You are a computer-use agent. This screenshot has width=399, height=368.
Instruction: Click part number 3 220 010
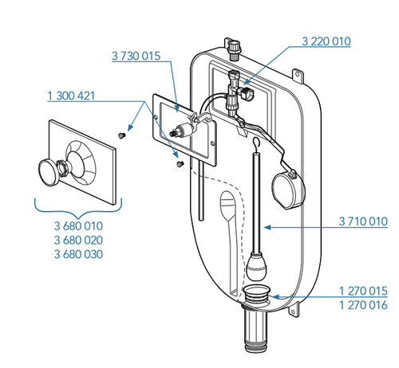(326, 41)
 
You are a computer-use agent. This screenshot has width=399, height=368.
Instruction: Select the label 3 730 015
(136, 56)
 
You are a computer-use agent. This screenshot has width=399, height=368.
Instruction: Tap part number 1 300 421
(71, 96)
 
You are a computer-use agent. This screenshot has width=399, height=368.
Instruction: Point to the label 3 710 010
(363, 221)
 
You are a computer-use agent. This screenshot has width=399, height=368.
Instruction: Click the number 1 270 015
(363, 291)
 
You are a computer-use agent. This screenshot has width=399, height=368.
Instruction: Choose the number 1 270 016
(363, 305)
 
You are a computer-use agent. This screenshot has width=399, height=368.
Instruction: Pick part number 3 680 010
(78, 226)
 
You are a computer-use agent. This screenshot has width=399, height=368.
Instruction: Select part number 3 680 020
(78, 240)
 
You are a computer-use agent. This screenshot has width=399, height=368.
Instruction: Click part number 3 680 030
(78, 254)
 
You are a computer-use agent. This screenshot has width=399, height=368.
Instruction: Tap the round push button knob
(49, 172)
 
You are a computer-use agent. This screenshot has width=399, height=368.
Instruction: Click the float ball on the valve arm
(288, 190)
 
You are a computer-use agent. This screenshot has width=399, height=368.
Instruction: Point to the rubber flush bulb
(257, 266)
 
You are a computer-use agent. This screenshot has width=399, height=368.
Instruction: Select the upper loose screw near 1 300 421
(122, 135)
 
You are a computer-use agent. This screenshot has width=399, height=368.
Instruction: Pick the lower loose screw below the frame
(180, 164)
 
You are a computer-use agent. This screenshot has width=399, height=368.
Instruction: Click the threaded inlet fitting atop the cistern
(234, 49)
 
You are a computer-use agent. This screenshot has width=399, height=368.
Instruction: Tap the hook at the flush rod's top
(256, 143)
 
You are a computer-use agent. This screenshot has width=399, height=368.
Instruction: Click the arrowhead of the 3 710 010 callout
(267, 227)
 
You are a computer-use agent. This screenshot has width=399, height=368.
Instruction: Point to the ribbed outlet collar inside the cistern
(256, 294)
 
